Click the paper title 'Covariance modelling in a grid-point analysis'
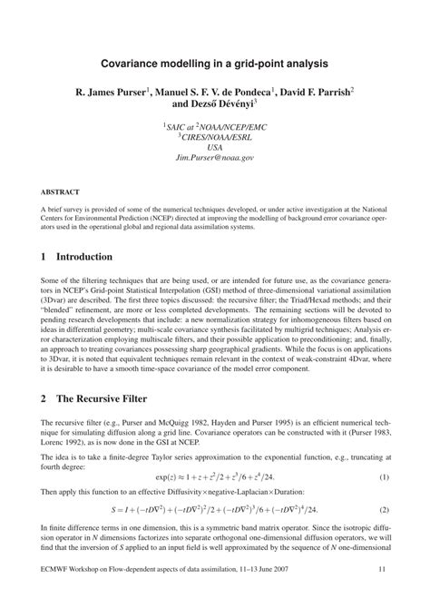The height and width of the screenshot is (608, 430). coord(214,64)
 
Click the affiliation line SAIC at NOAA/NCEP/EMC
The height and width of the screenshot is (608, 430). coord(214,128)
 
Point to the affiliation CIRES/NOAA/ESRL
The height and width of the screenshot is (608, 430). coord(215,137)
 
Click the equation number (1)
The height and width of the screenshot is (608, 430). coord(384,477)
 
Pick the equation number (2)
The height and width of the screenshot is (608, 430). coord(384,509)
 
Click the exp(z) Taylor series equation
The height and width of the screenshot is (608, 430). coord(214,477)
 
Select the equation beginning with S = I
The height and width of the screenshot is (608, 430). coord(214,509)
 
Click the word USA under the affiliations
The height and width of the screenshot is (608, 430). coord(214,147)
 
